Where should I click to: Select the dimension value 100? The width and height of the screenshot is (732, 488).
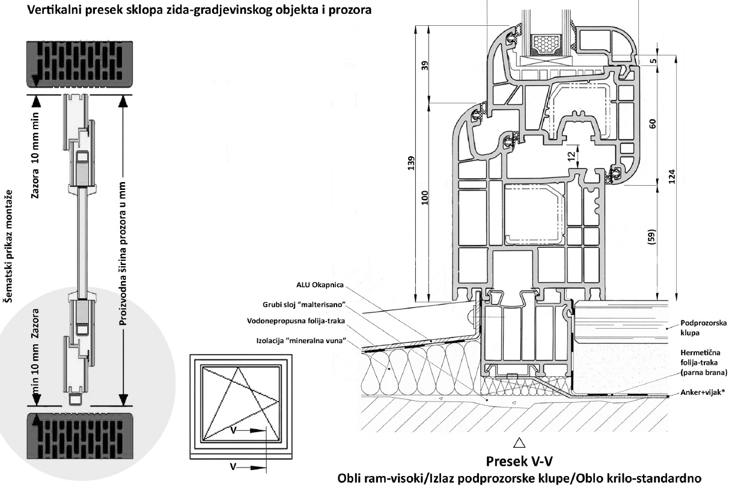(425, 198)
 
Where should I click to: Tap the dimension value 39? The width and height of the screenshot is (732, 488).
(425, 64)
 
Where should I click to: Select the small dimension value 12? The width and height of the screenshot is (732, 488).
(571, 154)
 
